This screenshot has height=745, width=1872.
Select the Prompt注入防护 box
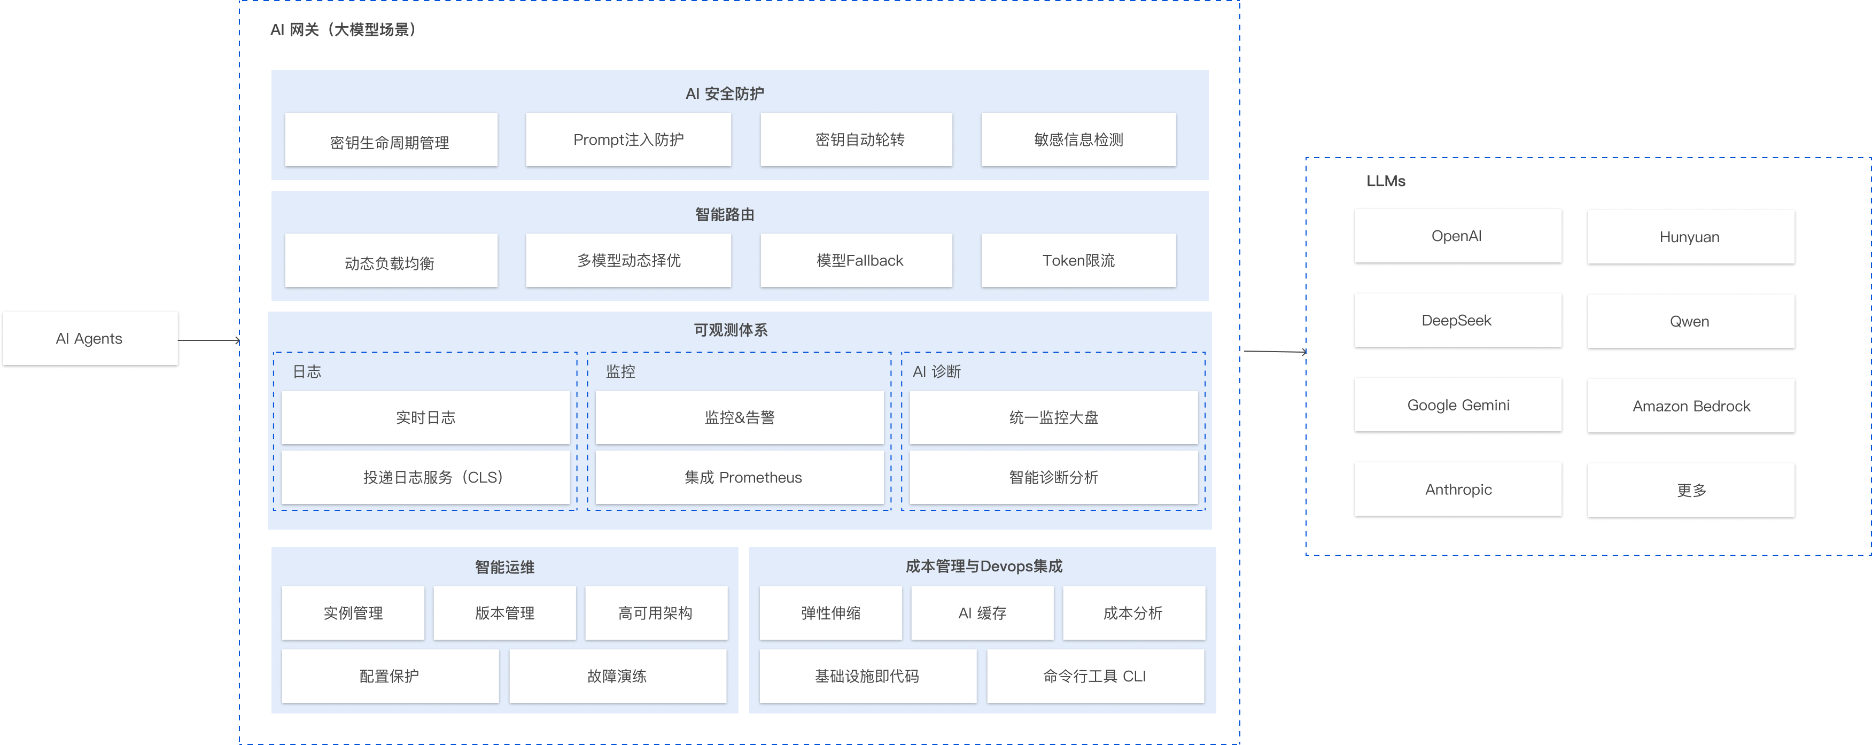628,139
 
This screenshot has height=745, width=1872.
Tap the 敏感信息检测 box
1078,139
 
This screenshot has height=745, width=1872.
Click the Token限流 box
1078,260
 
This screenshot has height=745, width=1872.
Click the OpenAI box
1457,236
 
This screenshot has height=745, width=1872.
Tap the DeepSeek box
1457,321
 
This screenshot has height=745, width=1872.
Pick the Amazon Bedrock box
1690,406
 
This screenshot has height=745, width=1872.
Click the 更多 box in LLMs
1690,491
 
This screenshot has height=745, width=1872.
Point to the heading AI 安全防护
725,94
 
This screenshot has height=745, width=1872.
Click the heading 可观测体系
731,330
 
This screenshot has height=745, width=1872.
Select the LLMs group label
1385,181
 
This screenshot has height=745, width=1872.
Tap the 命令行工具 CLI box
1094,676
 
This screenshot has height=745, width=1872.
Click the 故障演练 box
617,676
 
